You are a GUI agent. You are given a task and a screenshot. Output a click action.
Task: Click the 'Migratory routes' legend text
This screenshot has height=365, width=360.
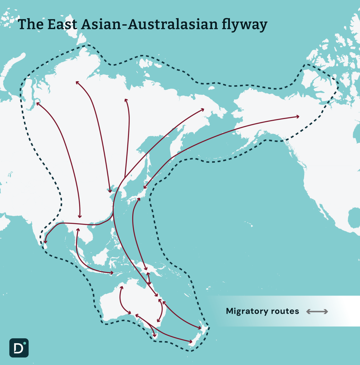pos(262,311)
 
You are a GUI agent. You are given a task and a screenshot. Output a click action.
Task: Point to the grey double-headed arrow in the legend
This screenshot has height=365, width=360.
pos(317,312)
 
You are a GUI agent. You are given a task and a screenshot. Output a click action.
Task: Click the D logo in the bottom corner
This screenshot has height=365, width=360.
pos(19,348)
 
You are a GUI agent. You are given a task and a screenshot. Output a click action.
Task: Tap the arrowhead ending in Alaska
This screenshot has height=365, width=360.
pos(298,117)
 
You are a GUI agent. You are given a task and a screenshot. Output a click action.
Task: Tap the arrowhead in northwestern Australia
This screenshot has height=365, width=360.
pos(122,287)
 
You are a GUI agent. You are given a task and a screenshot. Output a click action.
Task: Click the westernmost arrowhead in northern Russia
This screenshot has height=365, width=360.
pos(37,104)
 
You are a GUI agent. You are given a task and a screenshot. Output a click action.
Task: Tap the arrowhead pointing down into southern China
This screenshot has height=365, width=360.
pos(80,217)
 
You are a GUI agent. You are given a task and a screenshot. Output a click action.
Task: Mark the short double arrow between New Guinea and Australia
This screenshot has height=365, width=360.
pos(149,278)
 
